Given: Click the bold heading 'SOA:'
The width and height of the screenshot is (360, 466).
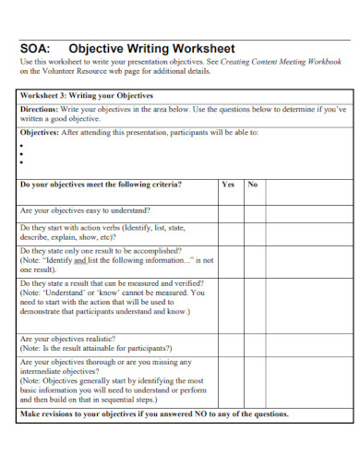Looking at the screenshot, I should pyautogui.click(x=34, y=48).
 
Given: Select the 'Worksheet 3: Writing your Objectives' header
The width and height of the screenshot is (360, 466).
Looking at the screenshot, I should pyautogui.click(x=87, y=95).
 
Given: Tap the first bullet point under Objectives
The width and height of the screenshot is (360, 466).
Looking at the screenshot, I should pyautogui.click(x=21, y=145).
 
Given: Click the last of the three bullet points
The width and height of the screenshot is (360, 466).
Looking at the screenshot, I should pyautogui.click(x=21, y=162).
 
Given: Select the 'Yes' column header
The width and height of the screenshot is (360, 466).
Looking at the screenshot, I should pyautogui.click(x=228, y=185).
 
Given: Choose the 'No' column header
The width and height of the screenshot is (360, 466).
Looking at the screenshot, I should pyautogui.click(x=252, y=185).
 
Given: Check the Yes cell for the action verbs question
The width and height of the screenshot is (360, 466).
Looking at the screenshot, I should pyautogui.click(x=228, y=232).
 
